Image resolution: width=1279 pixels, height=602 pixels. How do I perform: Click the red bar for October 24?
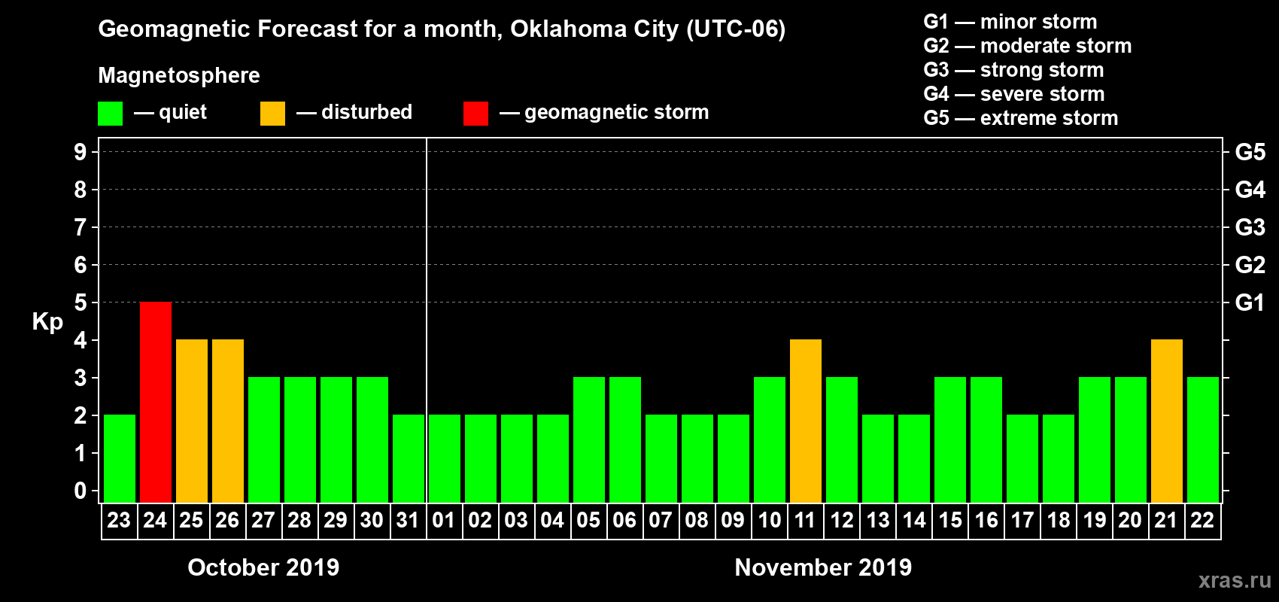pyautogui.click(x=156, y=403)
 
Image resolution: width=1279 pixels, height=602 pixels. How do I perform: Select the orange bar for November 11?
pyautogui.click(x=806, y=421)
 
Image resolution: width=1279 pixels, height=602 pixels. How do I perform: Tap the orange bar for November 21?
pyautogui.click(x=1167, y=421)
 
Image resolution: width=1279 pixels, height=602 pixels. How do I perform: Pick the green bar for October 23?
pyautogui.click(x=120, y=459)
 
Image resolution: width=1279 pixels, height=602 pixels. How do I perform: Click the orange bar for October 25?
pyautogui.click(x=192, y=421)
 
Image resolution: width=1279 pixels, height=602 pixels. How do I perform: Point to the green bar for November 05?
pyautogui.click(x=589, y=440)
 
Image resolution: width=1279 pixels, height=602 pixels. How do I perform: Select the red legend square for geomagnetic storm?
pyautogui.click(x=475, y=114)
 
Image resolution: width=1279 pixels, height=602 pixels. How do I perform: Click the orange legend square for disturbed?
pyautogui.click(x=272, y=114)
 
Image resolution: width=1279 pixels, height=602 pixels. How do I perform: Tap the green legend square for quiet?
pyautogui.click(x=111, y=114)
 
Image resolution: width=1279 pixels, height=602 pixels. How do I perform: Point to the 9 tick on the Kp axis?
pyautogui.click(x=81, y=152)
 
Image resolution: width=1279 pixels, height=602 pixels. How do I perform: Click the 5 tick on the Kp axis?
pyautogui.click(x=81, y=303)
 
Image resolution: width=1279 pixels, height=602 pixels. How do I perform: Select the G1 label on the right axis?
pyautogui.click(x=1250, y=303)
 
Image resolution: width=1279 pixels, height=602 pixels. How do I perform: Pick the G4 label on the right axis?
pyautogui.click(x=1250, y=190)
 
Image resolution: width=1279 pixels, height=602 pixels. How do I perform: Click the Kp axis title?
pyautogui.click(x=47, y=321)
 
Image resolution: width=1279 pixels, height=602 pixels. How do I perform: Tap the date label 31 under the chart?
pyautogui.click(x=408, y=520)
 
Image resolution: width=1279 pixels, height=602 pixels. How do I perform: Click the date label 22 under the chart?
pyautogui.click(x=1202, y=520)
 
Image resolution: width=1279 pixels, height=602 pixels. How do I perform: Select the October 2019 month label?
pyautogui.click(x=263, y=567)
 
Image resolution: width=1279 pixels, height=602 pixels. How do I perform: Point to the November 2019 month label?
pyautogui.click(x=823, y=567)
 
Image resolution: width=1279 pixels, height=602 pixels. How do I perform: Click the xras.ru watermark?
pyautogui.click(x=1235, y=580)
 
